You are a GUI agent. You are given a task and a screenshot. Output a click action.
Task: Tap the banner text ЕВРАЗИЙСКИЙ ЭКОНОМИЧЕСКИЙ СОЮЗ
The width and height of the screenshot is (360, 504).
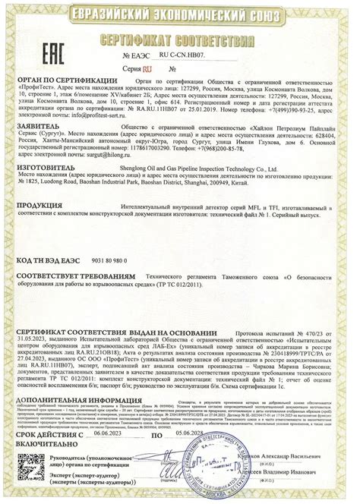point(180,13)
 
